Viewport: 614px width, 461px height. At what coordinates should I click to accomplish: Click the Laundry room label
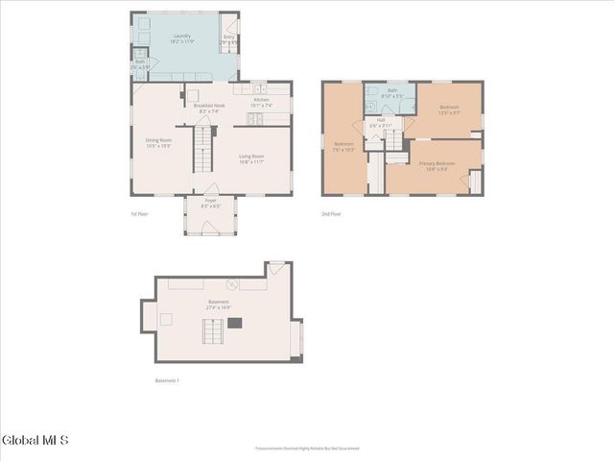(x=181, y=36)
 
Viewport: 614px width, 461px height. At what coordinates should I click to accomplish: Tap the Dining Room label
(x=158, y=140)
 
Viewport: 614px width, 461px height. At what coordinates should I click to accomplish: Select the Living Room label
(x=251, y=156)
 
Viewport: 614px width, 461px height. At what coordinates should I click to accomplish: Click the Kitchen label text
(x=260, y=100)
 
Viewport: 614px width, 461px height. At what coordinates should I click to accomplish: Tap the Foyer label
(x=210, y=200)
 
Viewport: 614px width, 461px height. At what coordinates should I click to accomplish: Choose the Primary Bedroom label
(x=437, y=163)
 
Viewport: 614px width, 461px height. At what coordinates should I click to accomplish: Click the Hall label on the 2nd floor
(x=380, y=120)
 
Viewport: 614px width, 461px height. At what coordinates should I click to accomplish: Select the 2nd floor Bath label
(x=392, y=89)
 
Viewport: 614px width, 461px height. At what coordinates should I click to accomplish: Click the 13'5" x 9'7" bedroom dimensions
(x=449, y=112)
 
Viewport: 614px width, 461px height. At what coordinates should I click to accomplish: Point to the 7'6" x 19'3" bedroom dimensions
(x=343, y=151)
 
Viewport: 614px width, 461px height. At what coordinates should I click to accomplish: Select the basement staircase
(x=213, y=331)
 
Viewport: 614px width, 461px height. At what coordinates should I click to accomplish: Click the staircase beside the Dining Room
(x=202, y=150)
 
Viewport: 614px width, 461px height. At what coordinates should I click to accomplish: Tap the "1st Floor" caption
(x=139, y=213)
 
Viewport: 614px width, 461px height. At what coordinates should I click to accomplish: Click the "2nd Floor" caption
(x=331, y=213)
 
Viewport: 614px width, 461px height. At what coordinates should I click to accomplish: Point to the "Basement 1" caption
(x=167, y=380)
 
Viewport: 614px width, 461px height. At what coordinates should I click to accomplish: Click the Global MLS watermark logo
(x=35, y=441)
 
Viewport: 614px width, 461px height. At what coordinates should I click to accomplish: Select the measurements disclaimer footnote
(x=307, y=449)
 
